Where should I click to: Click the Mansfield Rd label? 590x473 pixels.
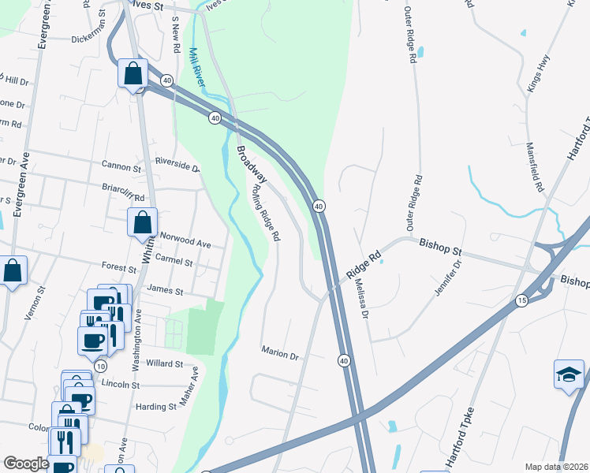[537, 167]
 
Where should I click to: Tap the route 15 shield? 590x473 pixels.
[521, 301]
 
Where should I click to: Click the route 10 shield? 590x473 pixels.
[100, 367]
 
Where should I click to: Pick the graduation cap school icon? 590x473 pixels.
[569, 375]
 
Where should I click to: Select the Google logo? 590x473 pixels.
[26, 464]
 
